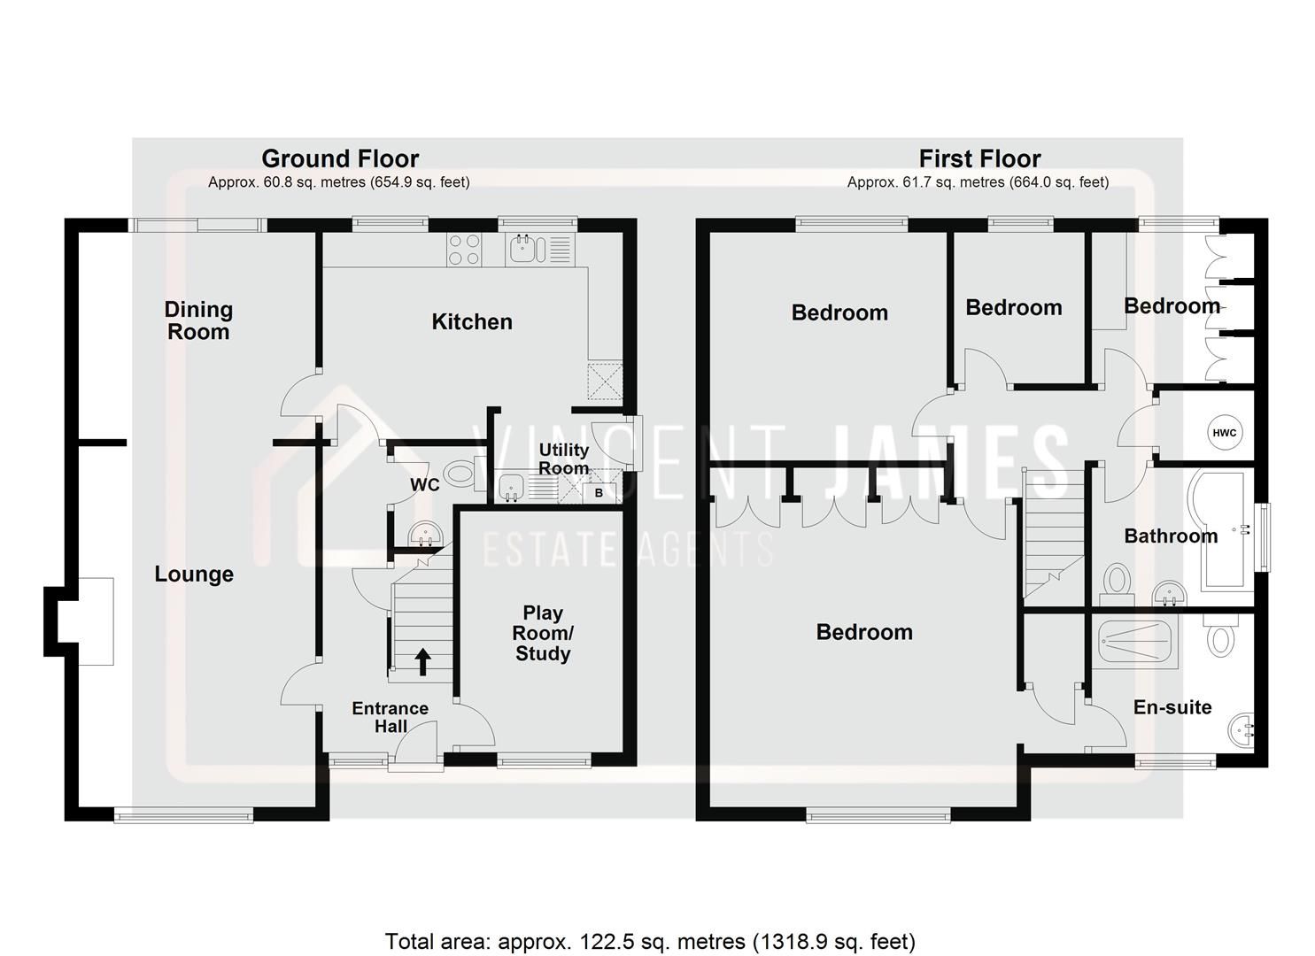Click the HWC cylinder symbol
[x=1224, y=433]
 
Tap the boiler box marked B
[x=599, y=493]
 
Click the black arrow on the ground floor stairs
[x=422, y=661]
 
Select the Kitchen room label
[x=471, y=321]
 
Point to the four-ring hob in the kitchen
[x=465, y=249]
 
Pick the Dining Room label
[x=198, y=320]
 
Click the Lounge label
[x=194, y=574]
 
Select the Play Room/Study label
[x=543, y=633]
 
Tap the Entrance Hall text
[x=390, y=717]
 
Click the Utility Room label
[x=563, y=459]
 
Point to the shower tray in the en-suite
[x=1137, y=642]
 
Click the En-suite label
[x=1172, y=706]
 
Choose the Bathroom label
[x=1170, y=536]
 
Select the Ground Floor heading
[x=340, y=158]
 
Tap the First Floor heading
[x=979, y=158]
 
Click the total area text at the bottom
[x=650, y=941]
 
